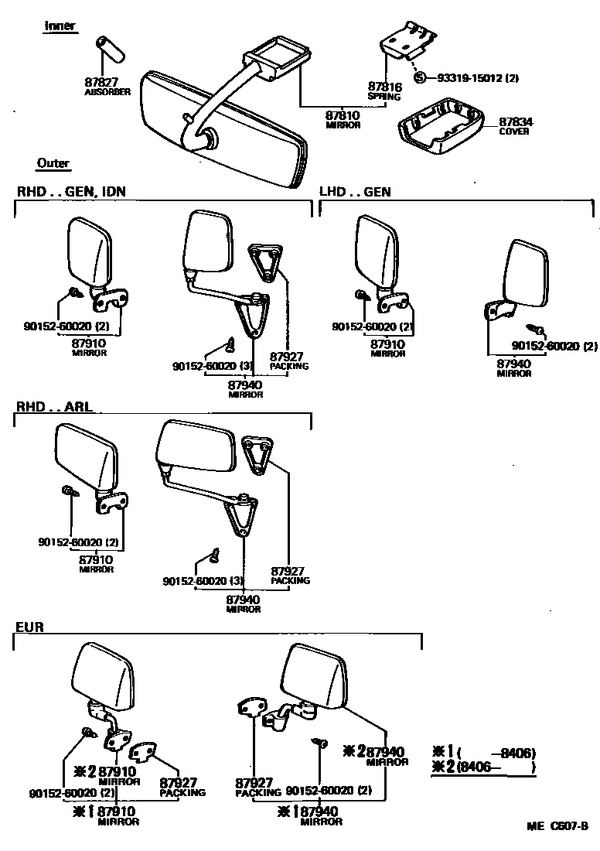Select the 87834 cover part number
[x=514, y=122]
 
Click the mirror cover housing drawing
[x=439, y=124]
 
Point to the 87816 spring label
[x=384, y=87]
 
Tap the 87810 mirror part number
[x=343, y=115]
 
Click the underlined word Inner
[x=60, y=26]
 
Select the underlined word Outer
[x=53, y=163]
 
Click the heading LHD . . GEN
[x=355, y=191]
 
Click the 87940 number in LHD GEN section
[x=513, y=364]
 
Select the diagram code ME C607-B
[x=558, y=825]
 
